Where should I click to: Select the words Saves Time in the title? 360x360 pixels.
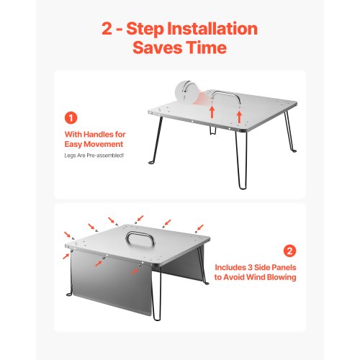(179, 48)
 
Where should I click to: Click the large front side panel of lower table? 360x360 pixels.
(112, 284)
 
